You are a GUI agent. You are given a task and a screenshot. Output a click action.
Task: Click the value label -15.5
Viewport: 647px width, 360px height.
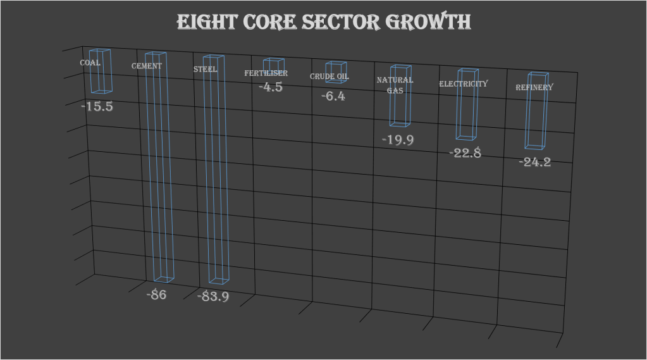pos(97,107)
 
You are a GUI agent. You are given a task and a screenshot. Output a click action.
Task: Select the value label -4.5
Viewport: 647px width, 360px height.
pos(271,87)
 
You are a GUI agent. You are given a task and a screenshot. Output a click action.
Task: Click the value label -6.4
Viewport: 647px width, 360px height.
pos(333,97)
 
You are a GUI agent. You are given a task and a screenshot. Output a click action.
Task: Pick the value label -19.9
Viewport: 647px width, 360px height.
pos(398,140)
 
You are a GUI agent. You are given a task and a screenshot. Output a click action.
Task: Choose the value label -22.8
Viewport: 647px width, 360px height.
pos(465,153)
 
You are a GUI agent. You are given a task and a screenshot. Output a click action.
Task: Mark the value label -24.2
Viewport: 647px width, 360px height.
pos(534,162)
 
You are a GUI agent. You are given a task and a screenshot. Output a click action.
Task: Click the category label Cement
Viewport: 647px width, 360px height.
pos(146,66)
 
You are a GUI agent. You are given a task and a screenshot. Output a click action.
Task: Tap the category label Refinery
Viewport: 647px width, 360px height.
pos(534,87)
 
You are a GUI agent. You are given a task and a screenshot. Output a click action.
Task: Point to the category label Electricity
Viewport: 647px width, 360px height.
pos(464,84)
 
